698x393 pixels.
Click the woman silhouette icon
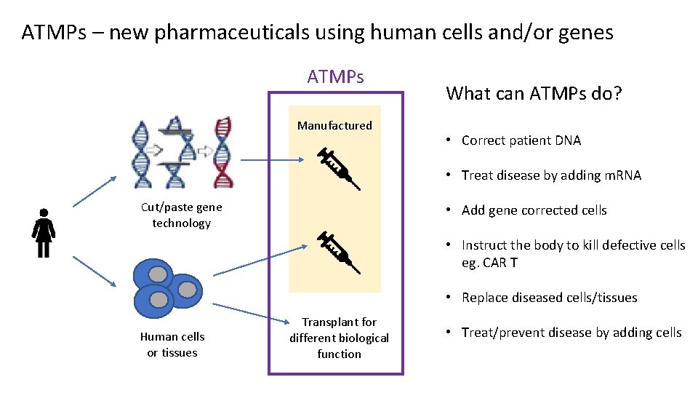43,233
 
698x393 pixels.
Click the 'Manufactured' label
334,126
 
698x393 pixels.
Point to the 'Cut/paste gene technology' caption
181,215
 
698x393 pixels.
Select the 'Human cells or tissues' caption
172,344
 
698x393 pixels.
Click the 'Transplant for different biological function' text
339,338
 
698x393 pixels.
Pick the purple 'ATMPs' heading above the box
336,76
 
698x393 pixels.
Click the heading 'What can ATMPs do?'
534,93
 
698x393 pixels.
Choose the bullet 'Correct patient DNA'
521,140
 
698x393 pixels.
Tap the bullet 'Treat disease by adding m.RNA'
550,175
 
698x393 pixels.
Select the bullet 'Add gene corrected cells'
534,210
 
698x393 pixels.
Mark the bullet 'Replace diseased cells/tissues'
549,298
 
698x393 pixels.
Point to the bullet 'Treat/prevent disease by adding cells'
571,333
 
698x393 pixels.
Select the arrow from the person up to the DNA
95,197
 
